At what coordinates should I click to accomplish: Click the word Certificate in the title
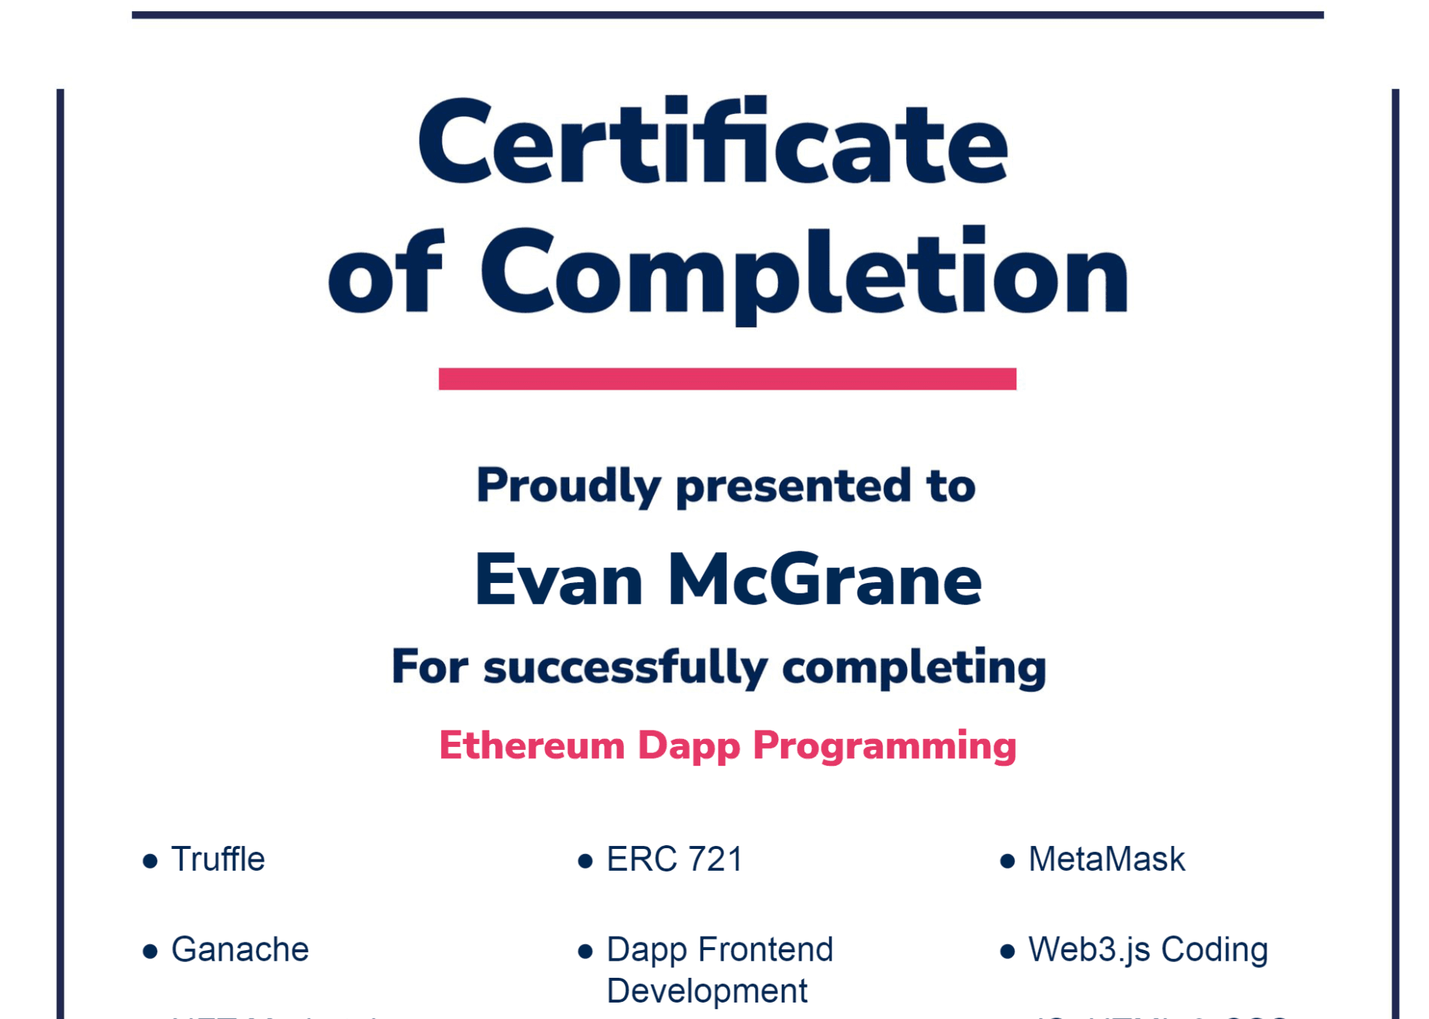coord(712,142)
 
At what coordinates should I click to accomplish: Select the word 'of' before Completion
coord(386,273)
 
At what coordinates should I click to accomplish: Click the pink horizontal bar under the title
coord(726,378)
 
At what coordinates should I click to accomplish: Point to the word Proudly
coord(568,486)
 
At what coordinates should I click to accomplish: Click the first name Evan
coord(559,580)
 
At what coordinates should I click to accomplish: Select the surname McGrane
coord(824,580)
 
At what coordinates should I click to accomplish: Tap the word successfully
coord(625,667)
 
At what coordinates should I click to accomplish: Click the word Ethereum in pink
coord(532,746)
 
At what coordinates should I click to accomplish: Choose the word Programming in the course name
coord(885,746)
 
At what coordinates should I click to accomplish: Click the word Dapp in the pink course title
coord(688,746)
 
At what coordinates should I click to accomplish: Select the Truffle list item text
coord(218,859)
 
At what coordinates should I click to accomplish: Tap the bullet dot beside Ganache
coord(150,952)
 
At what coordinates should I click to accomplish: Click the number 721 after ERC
coord(715,859)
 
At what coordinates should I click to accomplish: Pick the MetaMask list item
coord(1106,859)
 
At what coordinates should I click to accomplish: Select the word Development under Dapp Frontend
coord(707,991)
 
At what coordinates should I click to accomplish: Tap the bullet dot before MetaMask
coord(1007,861)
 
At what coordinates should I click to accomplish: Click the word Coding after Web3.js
coord(1214,950)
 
